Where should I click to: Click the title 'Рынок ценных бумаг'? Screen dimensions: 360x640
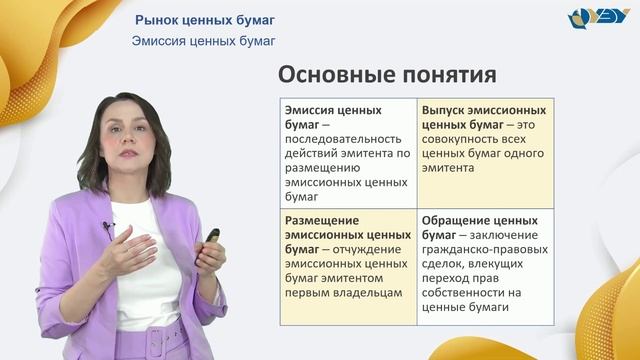pyautogui.click(x=204, y=20)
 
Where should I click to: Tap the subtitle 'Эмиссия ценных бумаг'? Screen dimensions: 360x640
pyautogui.click(x=203, y=41)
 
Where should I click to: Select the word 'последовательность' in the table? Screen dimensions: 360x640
pyautogui.click(x=341, y=139)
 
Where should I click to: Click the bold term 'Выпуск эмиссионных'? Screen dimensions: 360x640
pyautogui.click(x=484, y=110)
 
